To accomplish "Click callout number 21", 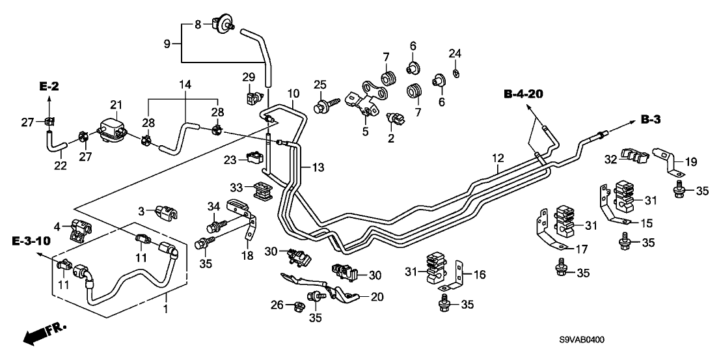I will (116, 105).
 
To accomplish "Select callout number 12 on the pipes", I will (498, 158).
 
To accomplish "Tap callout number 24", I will (455, 53).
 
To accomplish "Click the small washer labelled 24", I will (456, 70).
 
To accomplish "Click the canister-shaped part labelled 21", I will (111, 127).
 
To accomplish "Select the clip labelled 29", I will (253, 98).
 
